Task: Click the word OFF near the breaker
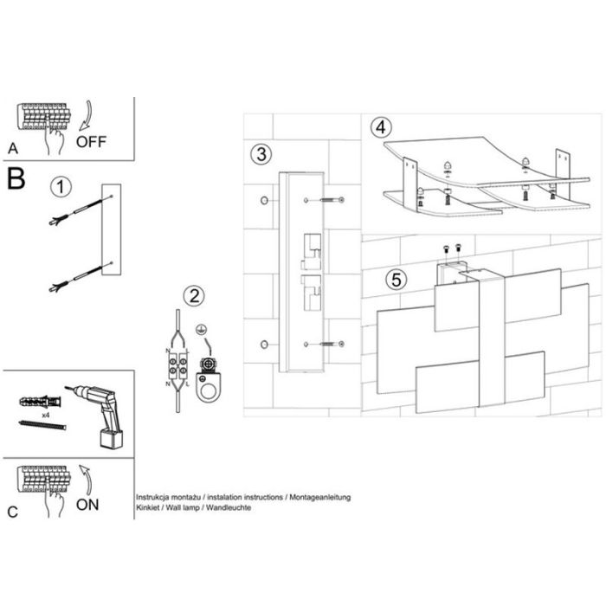point(93,142)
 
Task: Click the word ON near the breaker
point(90,503)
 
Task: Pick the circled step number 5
point(396,280)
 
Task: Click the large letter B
point(16,179)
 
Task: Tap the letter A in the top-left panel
point(11,148)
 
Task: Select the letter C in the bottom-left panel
point(12,512)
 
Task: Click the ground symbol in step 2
point(202,329)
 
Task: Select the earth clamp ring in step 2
point(209,385)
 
